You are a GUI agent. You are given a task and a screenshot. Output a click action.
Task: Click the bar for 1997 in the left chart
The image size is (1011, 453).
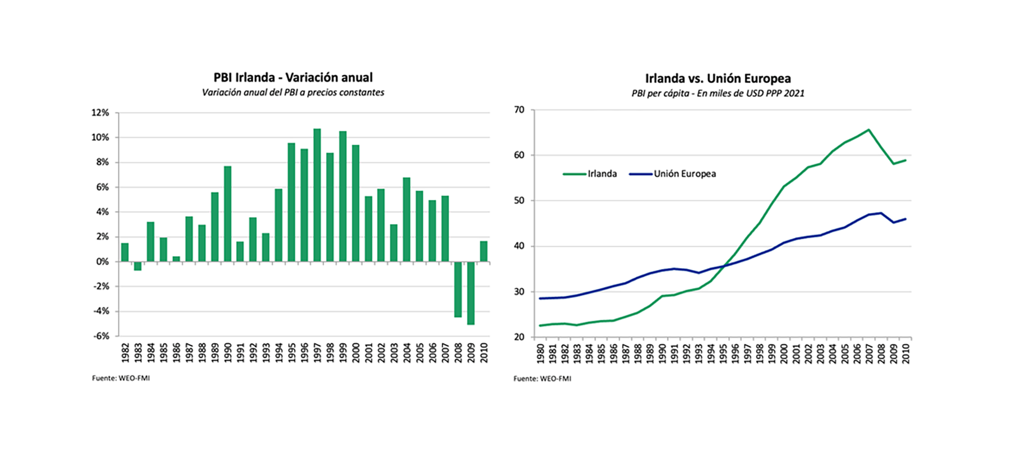coord(317,195)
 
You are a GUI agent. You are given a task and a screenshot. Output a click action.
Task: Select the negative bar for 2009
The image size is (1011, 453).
coord(471,293)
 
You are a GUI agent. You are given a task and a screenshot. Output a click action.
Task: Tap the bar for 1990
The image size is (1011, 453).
coord(227,214)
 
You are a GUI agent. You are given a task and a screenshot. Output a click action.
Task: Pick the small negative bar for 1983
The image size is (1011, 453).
coord(138,266)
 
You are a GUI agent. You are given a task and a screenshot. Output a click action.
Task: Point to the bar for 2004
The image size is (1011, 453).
coord(407,219)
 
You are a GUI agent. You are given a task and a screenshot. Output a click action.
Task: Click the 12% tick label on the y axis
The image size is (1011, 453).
coord(100,113)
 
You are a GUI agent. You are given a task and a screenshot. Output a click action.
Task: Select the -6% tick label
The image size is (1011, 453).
coord(101,336)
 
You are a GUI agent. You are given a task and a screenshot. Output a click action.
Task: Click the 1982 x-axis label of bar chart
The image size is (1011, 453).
coord(125,353)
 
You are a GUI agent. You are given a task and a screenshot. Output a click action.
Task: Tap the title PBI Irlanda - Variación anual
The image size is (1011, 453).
coord(293,77)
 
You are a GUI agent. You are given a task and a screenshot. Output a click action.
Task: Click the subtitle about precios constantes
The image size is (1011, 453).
coord(293,93)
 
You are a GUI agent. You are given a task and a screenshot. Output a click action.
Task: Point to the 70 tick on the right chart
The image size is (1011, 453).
coord(519,110)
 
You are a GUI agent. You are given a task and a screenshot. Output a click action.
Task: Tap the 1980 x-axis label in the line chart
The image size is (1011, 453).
coord(540,354)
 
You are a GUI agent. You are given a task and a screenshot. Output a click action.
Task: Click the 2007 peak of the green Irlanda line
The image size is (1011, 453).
coord(868,129)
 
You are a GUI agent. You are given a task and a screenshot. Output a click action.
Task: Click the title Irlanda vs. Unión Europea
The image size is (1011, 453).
coord(718,78)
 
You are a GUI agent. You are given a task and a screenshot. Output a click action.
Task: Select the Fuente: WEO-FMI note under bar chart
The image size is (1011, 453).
coord(121,378)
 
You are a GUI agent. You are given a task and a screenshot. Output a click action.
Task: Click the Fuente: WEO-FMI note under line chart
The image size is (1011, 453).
coord(542,378)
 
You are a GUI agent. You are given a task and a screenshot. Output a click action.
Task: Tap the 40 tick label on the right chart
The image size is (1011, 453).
coord(519,246)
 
